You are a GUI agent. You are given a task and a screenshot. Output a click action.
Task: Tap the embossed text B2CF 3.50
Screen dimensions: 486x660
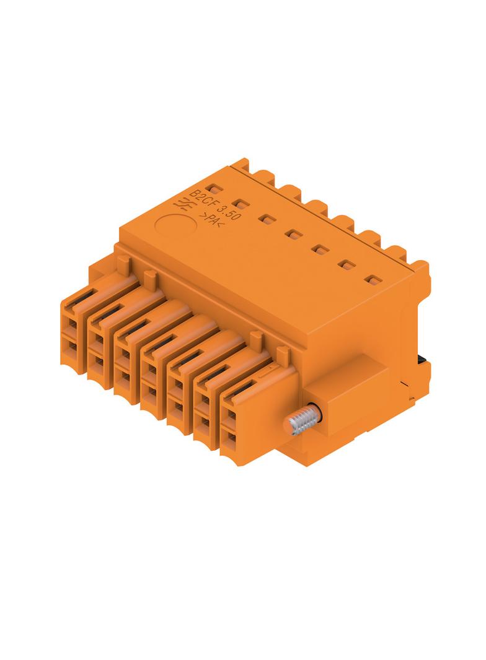(x=214, y=205)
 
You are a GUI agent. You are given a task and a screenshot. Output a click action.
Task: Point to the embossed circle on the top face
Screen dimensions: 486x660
(x=176, y=224)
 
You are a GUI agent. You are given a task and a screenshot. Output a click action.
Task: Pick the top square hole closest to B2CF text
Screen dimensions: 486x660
(x=213, y=189)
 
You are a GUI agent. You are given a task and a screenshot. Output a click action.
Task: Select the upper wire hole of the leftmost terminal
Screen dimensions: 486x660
(x=73, y=324)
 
